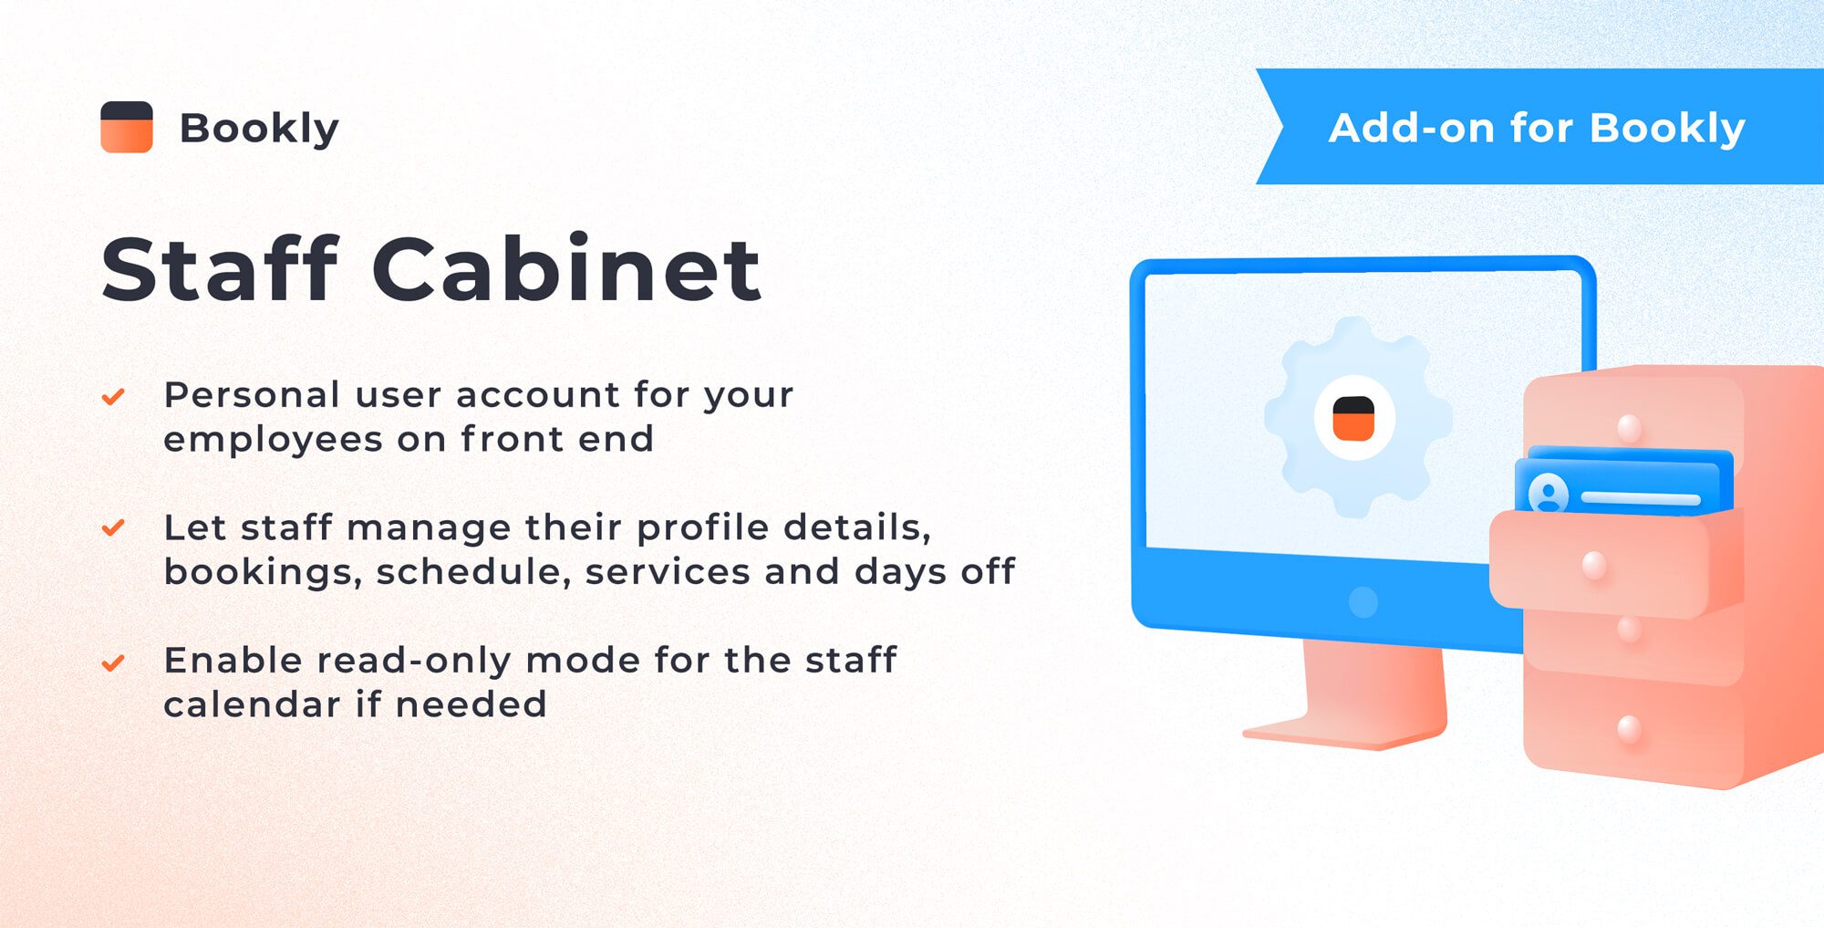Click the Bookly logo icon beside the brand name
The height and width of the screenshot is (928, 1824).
[x=127, y=127]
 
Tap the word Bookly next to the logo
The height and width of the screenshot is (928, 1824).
[x=259, y=128]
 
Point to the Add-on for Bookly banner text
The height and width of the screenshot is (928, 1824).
[x=1537, y=128]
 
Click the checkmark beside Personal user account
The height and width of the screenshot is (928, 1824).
[x=113, y=397]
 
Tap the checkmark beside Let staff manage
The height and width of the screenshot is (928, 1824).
[x=113, y=528]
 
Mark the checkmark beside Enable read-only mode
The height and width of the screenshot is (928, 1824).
[x=113, y=662]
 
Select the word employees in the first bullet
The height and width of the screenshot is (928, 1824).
[x=273, y=440]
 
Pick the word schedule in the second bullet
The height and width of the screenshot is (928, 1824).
[x=473, y=572]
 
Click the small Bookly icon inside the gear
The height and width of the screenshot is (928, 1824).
[x=1353, y=418]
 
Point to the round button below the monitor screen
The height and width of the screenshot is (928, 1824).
[x=1363, y=602]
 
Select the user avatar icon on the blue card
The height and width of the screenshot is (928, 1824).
[x=1548, y=494]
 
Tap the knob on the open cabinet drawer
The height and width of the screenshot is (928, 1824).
[x=1594, y=566]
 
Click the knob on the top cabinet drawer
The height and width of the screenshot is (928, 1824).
[x=1629, y=427]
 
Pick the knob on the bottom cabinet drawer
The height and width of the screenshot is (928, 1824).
[x=1629, y=729]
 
